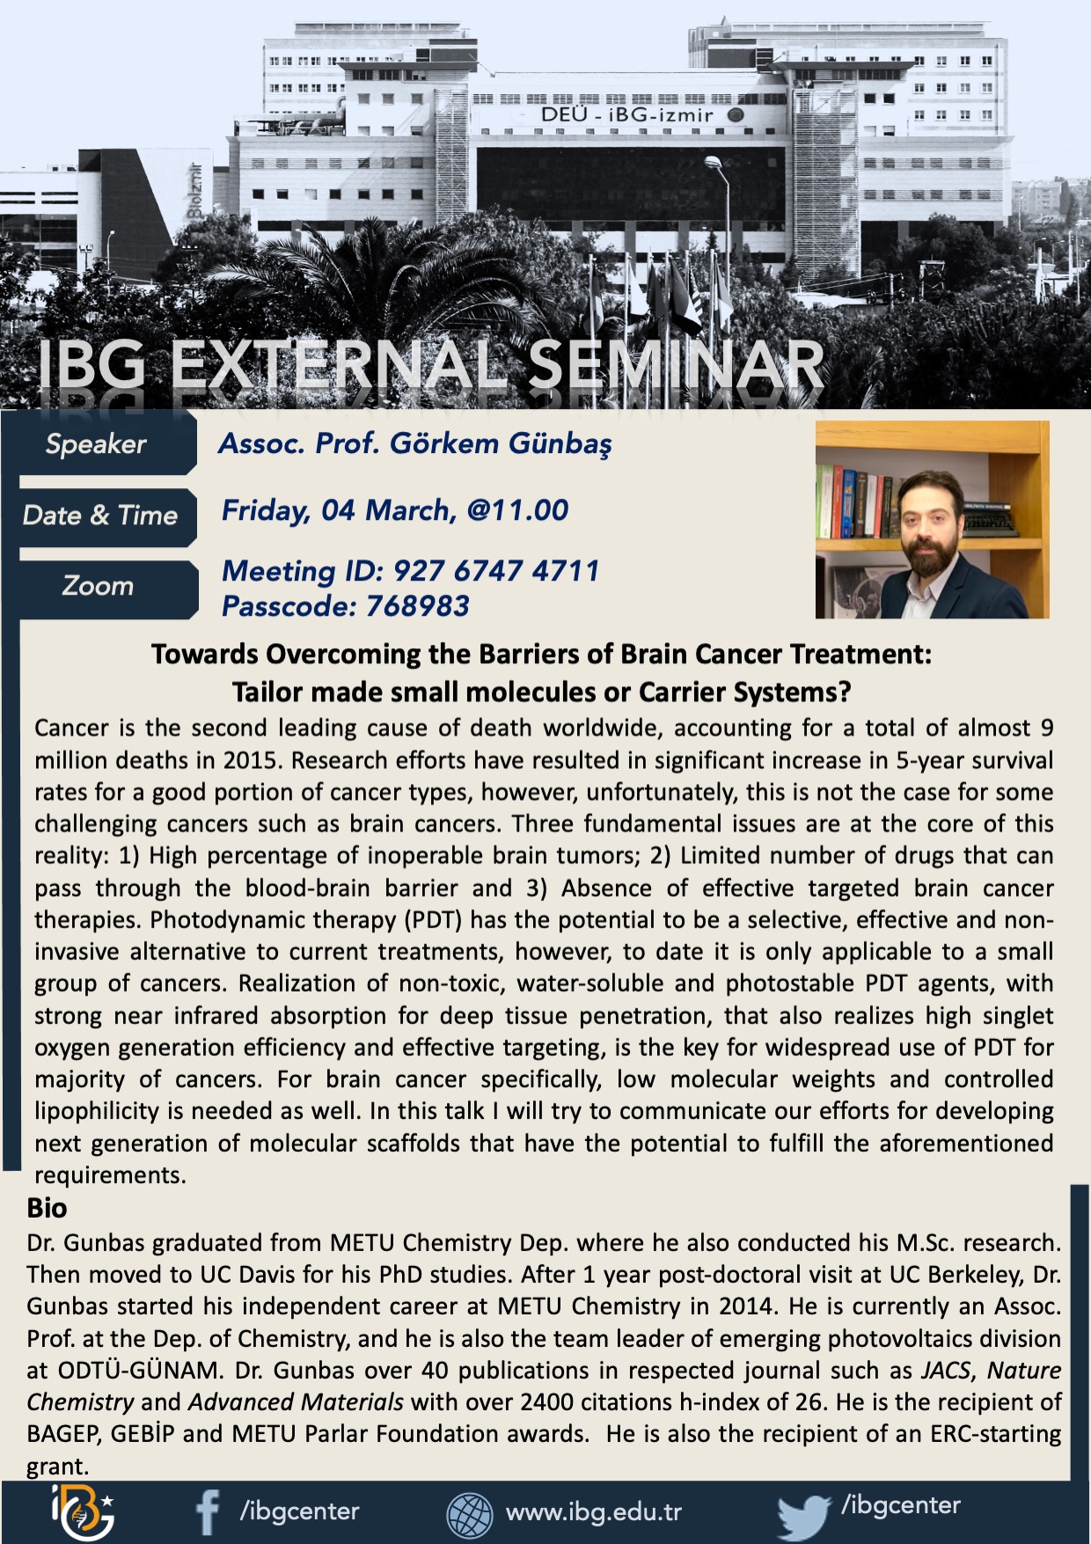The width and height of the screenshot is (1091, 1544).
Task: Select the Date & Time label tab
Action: pos(99,516)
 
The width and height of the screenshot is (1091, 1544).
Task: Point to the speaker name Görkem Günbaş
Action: pos(500,443)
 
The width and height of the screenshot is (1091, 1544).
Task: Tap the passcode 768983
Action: pos(417,606)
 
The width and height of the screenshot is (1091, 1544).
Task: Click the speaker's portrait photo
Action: pos(933,520)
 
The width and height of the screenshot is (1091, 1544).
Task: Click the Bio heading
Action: pos(47,1208)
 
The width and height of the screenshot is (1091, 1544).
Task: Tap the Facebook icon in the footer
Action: pos(208,1511)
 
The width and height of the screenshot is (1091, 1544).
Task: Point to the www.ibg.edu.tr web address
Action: pos(594,1512)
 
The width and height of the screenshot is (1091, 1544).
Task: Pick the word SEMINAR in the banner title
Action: pos(675,363)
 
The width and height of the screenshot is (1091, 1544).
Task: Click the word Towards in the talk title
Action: pos(205,655)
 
